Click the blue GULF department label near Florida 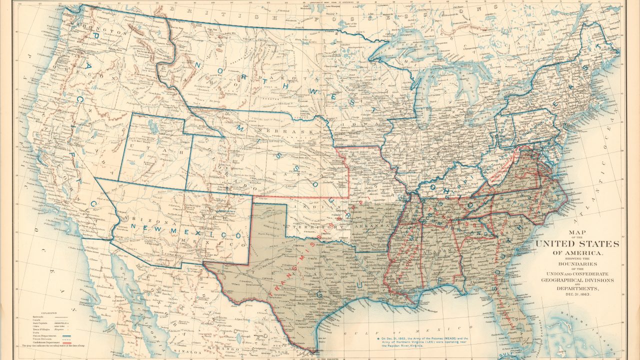click(505, 352)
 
